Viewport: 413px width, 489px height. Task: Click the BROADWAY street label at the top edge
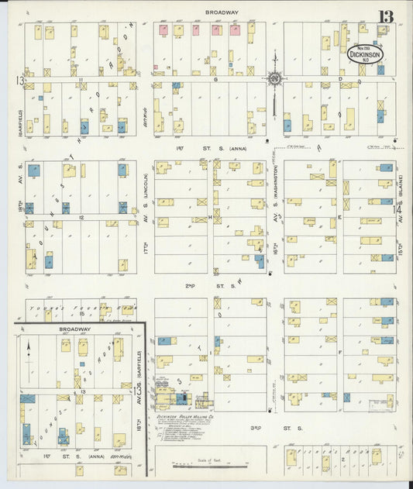click(222, 12)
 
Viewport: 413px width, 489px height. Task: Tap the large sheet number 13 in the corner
click(385, 16)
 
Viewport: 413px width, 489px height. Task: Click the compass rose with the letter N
click(274, 77)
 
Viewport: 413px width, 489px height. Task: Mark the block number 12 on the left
click(80, 218)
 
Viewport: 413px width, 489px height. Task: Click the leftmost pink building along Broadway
click(163, 31)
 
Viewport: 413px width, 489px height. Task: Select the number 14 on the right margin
click(399, 208)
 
